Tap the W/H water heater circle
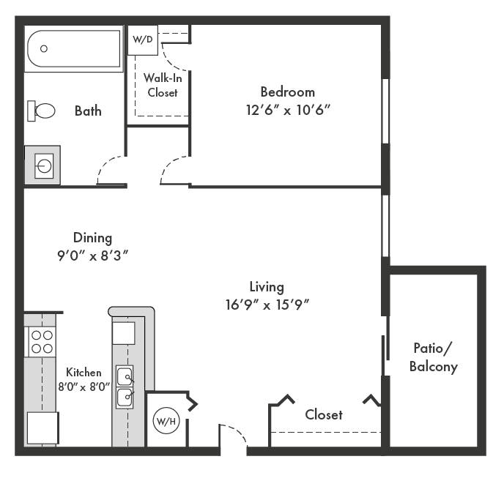pos(165,422)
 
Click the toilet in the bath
pos(42,111)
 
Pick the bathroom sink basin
pos(44,165)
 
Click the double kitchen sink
pos(125,387)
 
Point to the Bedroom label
pos(288,92)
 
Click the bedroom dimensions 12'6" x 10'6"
pos(288,109)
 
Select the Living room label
pos(267,287)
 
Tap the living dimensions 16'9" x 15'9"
pos(267,304)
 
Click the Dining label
pos(93,238)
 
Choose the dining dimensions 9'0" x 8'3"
pos(93,256)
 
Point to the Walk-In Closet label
pos(162,85)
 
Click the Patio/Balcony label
pos(434,357)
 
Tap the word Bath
pos(88,111)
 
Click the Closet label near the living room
pos(323,414)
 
